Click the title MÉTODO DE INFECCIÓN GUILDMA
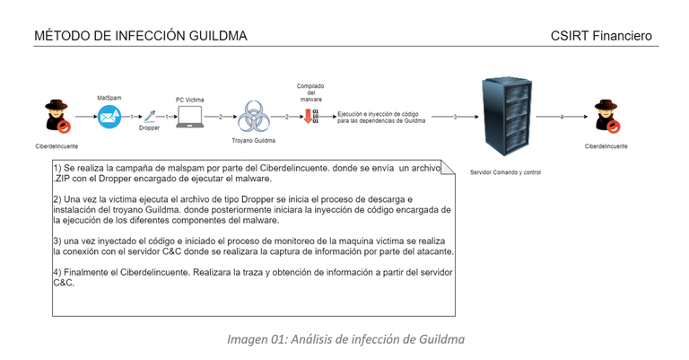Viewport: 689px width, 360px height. [x=140, y=36]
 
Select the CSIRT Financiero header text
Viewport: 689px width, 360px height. [x=602, y=36]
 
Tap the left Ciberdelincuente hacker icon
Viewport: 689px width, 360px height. [x=57, y=117]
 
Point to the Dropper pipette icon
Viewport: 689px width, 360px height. [x=150, y=116]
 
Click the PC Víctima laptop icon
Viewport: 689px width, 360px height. [x=190, y=116]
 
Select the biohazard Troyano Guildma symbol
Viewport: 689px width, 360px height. [x=253, y=118]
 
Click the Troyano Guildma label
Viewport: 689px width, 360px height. [x=253, y=141]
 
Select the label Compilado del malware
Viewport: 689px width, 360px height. [x=310, y=93]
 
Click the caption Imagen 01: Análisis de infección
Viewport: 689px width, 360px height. [x=345, y=339]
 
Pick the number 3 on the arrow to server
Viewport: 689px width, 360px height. [x=455, y=117]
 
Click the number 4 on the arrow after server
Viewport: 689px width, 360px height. [x=562, y=117]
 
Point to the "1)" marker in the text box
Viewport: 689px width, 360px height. [x=58, y=169]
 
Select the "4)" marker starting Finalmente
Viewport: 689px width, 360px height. [x=58, y=271]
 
